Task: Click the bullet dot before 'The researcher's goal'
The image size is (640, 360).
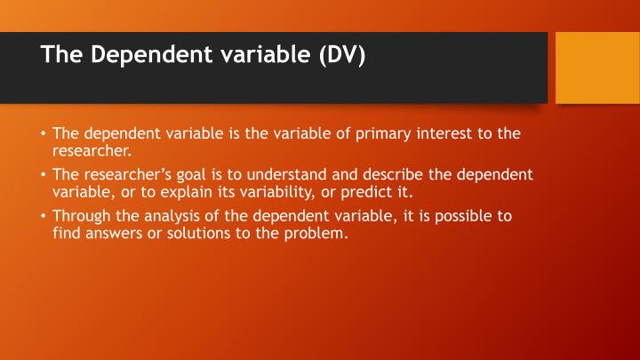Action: (x=43, y=174)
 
